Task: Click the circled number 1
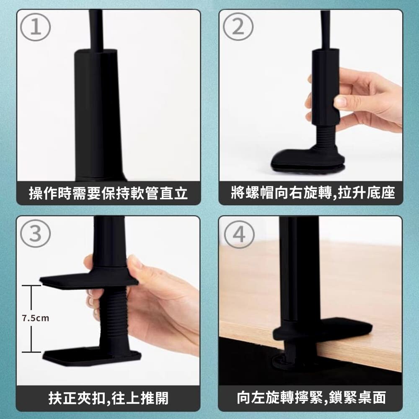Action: pos(36,28)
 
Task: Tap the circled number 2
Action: pos(238,27)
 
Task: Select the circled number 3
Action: pos(36,233)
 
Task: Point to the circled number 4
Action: pos(239,234)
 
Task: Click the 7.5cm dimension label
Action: pos(36,318)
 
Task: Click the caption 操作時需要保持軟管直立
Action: pos(108,193)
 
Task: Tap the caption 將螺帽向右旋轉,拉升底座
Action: pos(313,193)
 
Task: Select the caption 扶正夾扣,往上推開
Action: pos(109,398)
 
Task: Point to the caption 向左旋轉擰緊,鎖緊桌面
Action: pos(311,397)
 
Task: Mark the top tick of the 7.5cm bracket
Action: pos(31,285)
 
